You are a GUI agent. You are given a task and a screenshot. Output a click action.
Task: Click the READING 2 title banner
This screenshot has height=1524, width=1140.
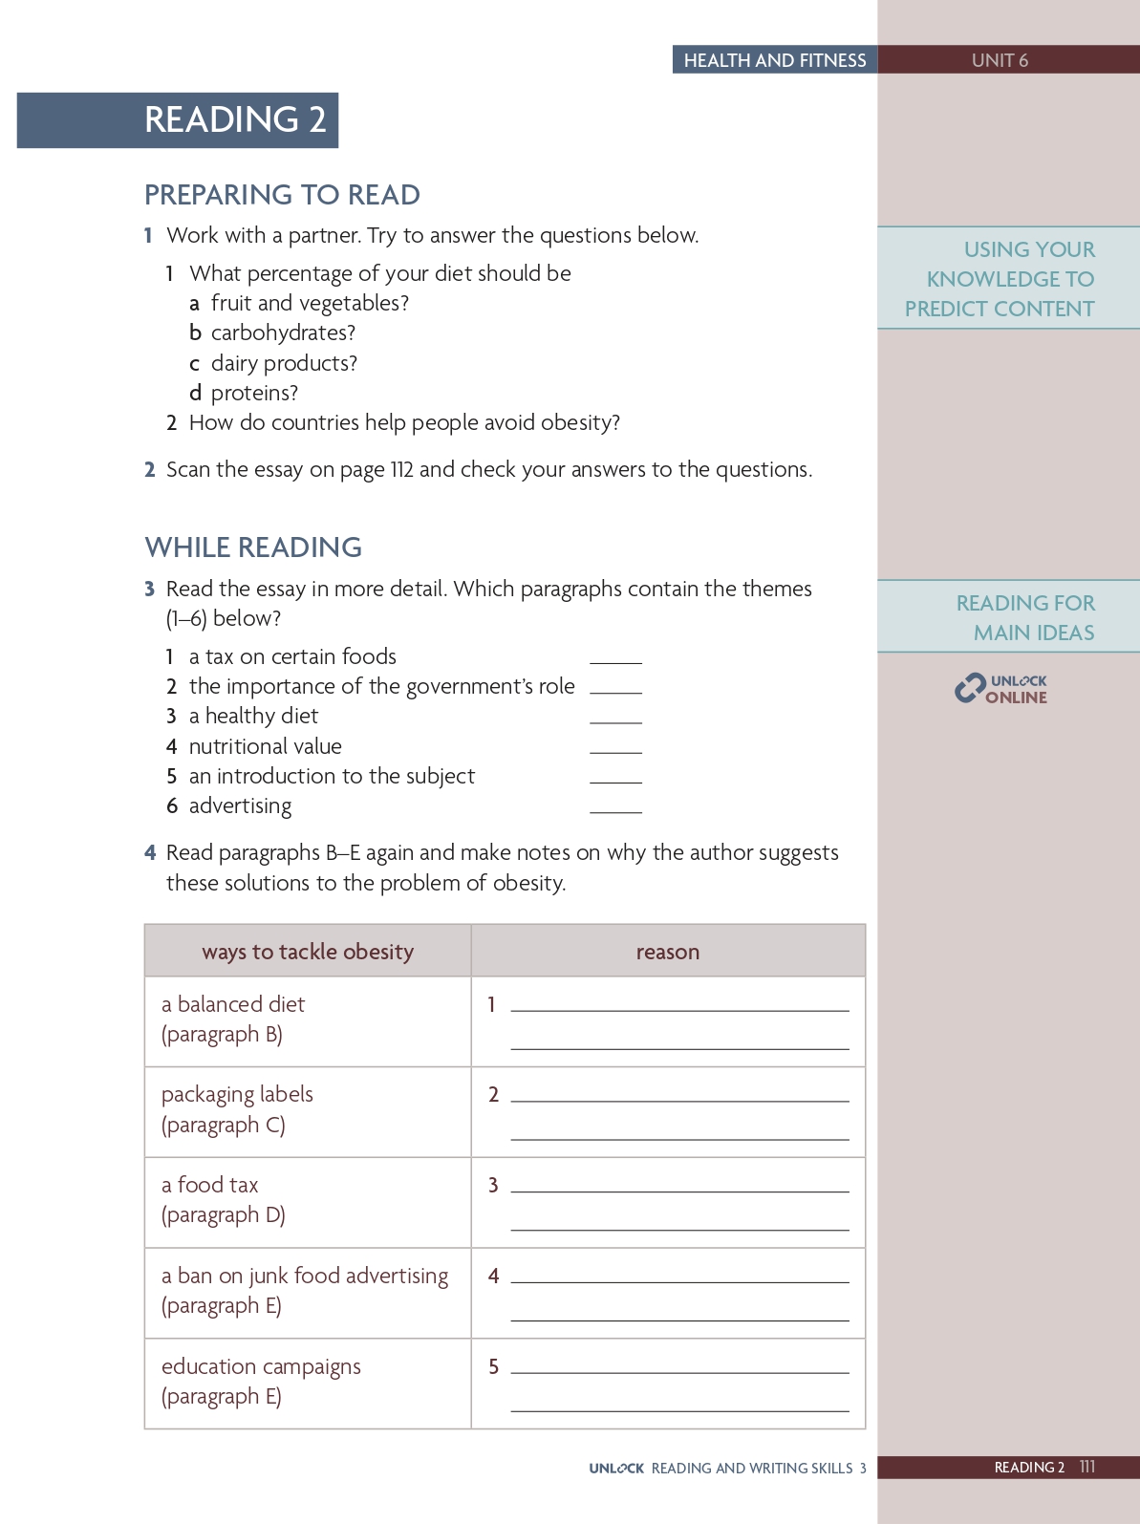(x=178, y=119)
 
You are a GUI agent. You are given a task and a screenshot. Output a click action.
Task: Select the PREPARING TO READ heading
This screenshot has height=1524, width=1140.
(x=282, y=195)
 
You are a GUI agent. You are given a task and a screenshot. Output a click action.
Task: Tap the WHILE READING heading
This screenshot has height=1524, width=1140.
(x=253, y=547)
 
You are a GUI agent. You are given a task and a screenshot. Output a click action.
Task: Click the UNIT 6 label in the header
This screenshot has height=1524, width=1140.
(x=1000, y=60)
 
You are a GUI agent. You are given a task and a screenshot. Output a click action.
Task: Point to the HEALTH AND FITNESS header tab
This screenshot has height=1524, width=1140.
(x=774, y=60)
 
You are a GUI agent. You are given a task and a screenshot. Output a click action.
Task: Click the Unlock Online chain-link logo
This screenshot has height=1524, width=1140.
(x=970, y=688)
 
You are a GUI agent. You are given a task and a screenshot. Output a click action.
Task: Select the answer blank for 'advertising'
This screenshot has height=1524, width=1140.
(x=615, y=807)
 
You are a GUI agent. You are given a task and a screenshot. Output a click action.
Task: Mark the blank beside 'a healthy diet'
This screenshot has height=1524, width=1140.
(x=615, y=718)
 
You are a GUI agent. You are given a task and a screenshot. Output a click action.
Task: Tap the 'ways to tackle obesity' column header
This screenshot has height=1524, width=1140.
(x=308, y=952)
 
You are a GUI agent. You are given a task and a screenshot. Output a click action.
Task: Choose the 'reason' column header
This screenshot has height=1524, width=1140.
(x=668, y=952)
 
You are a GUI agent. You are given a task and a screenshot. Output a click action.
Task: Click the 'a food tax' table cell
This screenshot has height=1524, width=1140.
(x=307, y=1202)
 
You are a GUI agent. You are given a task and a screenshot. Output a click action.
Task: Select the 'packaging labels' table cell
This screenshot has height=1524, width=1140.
(x=307, y=1111)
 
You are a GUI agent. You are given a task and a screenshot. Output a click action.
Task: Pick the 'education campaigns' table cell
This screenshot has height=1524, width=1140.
(x=307, y=1383)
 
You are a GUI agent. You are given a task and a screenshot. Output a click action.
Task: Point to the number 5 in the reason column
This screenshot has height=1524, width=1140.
(x=493, y=1367)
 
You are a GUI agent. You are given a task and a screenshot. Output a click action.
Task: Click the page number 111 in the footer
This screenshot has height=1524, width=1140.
(x=1086, y=1467)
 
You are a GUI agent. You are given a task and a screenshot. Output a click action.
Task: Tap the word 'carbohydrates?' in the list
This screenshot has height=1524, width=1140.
(x=283, y=333)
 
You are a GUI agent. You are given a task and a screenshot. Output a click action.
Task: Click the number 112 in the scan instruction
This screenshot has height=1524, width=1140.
(x=401, y=470)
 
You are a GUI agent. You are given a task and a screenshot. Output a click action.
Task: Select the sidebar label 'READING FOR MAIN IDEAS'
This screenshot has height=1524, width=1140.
(x=1025, y=617)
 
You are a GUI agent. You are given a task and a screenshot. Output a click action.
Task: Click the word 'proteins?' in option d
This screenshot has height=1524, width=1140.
(x=254, y=394)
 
